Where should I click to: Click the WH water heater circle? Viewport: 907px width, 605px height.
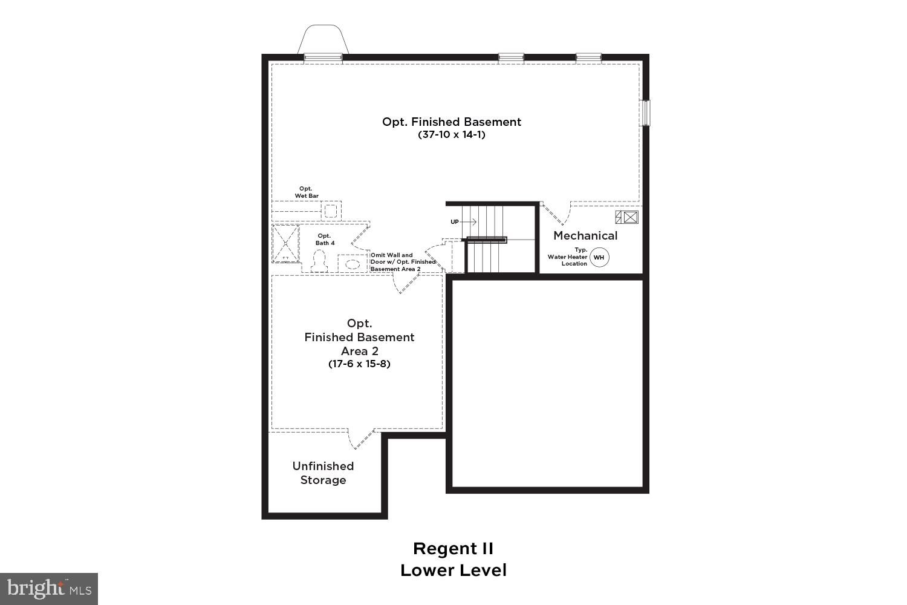(599, 257)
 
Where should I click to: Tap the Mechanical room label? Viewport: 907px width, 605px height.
(585, 236)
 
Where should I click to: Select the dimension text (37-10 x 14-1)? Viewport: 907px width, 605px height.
(452, 135)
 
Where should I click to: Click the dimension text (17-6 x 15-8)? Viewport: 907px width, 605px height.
(359, 364)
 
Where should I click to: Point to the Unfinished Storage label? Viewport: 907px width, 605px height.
(323, 473)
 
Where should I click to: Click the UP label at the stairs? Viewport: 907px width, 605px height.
(455, 222)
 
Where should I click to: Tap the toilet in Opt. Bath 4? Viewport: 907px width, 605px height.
(319, 262)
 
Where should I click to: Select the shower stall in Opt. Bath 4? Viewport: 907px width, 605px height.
(285, 243)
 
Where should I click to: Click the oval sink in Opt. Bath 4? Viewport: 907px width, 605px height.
(353, 264)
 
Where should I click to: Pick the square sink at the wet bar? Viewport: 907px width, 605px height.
(330, 211)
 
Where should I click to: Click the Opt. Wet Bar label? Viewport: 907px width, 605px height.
(307, 192)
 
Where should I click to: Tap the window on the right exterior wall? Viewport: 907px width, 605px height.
(646, 113)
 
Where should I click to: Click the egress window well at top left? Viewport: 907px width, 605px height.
(323, 41)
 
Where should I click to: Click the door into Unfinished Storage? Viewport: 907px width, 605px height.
(362, 439)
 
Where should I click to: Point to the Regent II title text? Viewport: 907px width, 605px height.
(453, 549)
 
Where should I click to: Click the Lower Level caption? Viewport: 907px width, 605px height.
(453, 570)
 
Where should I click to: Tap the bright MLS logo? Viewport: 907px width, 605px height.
(48, 589)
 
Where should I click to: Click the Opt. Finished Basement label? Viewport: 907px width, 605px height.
(452, 122)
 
